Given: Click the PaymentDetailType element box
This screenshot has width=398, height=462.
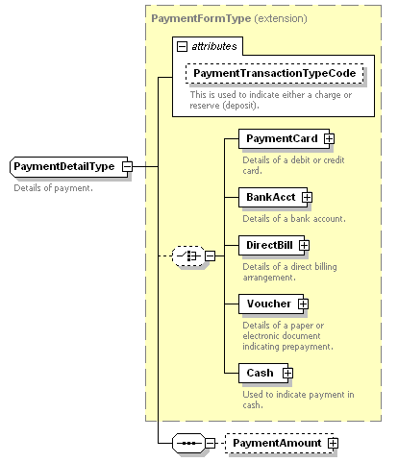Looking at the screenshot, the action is coord(69,166).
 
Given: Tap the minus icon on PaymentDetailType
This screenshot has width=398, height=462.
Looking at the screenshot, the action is coord(127,166).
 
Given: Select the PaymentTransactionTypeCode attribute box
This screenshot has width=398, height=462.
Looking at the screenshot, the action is coord(275,73).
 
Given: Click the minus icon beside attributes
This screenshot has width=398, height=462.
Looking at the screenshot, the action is coord(182,47).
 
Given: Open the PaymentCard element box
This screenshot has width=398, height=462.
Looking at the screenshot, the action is coord(284,138).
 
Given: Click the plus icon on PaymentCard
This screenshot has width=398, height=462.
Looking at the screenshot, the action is coord(329,138).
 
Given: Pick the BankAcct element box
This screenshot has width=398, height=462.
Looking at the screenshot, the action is coord(273,197).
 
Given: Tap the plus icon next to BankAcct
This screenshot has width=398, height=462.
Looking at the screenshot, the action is coord(307,197).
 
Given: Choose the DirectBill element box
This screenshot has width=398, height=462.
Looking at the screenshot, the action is coord(271,245).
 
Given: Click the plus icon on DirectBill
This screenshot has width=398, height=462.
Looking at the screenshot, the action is coord(304,245).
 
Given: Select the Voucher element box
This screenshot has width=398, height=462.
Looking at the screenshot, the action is coord(271,304).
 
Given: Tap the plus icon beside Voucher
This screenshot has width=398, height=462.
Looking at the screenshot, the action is coord(303,304).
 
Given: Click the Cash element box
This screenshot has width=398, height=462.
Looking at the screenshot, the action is coord(263,373).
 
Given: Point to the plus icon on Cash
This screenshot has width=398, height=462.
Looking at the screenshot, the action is coord(287,373).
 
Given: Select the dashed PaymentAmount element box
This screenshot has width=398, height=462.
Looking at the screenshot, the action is coord(280,443).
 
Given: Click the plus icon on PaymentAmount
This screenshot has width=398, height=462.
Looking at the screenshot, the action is coord(333,443).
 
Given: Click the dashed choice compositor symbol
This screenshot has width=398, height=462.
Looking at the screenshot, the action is coord(188,255).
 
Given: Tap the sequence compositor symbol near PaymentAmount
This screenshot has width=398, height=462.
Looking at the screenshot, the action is coord(188,443).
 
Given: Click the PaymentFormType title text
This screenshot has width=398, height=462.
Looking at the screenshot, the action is coord(201,18).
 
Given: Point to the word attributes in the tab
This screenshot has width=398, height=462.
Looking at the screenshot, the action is coord(214,47).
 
